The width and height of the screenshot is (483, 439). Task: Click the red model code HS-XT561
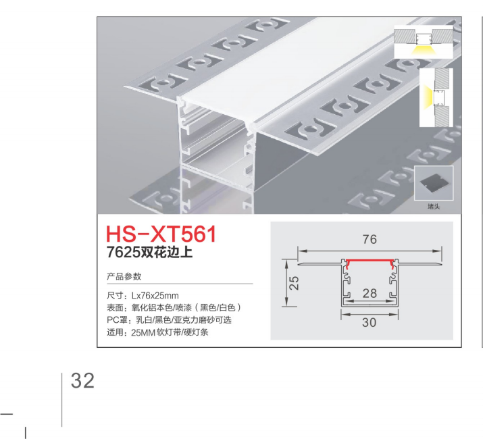(x=161, y=234)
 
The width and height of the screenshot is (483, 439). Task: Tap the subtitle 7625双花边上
(x=150, y=253)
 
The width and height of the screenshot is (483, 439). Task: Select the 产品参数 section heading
(x=124, y=276)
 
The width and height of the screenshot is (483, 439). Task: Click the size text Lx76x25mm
(x=155, y=296)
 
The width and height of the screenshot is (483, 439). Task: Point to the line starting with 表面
(x=174, y=308)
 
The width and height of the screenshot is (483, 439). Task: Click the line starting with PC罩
(x=169, y=320)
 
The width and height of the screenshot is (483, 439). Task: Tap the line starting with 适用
(x=157, y=332)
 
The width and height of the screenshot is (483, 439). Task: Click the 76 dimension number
(x=370, y=239)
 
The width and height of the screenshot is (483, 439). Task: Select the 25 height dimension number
(x=294, y=283)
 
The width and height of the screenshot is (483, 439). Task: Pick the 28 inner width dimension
(x=370, y=293)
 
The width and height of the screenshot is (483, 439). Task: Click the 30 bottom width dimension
(x=369, y=323)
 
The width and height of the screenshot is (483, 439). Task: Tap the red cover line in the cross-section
(x=370, y=261)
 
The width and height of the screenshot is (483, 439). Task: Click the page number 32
(x=82, y=381)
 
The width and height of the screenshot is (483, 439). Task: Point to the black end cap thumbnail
(x=434, y=182)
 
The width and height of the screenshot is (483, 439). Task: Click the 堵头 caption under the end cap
(x=434, y=206)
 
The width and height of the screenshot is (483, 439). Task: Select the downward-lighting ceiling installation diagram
(x=424, y=42)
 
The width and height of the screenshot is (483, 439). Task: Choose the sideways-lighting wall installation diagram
(x=436, y=97)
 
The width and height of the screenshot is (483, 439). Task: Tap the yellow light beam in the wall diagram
(x=428, y=97)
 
